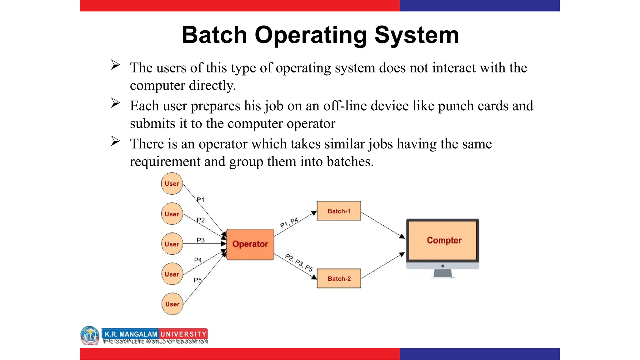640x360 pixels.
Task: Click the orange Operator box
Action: tap(250, 244)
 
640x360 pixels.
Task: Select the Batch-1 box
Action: tap(339, 211)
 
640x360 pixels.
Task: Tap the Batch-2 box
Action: tap(339, 278)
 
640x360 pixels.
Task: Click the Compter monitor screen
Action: tap(443, 240)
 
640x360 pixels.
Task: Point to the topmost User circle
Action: tap(172, 184)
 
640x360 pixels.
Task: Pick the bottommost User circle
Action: tap(172, 304)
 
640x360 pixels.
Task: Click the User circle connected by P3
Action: tap(172, 244)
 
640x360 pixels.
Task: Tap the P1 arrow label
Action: tap(200, 200)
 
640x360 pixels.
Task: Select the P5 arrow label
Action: tap(197, 280)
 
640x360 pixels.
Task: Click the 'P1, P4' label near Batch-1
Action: tap(289, 222)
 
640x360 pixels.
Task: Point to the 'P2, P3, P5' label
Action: tap(299, 262)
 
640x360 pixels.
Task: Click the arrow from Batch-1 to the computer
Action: tap(383, 225)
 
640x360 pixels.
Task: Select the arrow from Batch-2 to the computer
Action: tap(383, 266)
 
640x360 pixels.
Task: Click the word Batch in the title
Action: tap(214, 35)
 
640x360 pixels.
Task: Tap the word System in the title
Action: tap(417, 35)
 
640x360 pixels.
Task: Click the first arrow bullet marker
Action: tap(115, 65)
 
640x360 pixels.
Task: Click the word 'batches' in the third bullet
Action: tap(350, 162)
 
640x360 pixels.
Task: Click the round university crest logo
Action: tap(90, 335)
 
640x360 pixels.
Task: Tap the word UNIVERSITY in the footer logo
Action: tap(183, 334)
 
